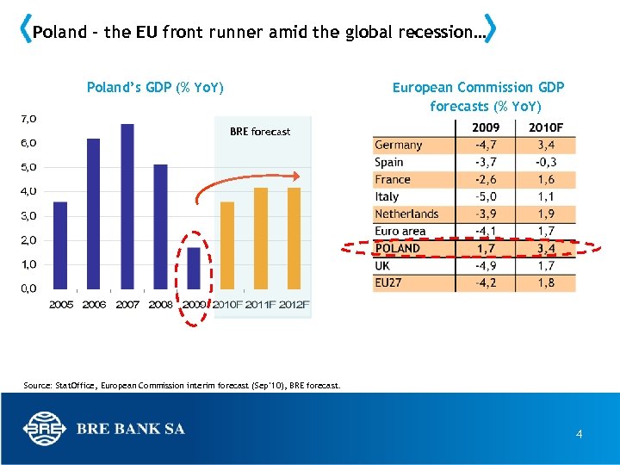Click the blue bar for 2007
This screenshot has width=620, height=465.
pos(127,207)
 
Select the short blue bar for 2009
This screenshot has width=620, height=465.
pos(195,268)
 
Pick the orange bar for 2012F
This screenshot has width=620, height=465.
pos(294,238)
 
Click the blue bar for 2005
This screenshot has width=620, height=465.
pos(60,245)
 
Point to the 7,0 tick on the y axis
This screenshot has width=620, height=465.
pos(28,118)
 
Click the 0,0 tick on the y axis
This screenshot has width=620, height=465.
pos(28,289)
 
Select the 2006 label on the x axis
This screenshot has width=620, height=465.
pos(95,305)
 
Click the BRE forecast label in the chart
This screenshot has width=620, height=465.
pos(260,132)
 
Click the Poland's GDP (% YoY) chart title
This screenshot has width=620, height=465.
pos(155,87)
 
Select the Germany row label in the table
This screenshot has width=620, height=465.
pos(398,145)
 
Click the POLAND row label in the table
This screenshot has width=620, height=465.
pos(398,248)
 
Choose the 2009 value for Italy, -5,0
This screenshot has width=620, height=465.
pos(486,196)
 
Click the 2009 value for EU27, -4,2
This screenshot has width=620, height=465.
pos(486,282)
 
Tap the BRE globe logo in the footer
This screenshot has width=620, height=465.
pos(43,428)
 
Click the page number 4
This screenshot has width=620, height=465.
pos(579,435)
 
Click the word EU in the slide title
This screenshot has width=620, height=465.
pos(146,33)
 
